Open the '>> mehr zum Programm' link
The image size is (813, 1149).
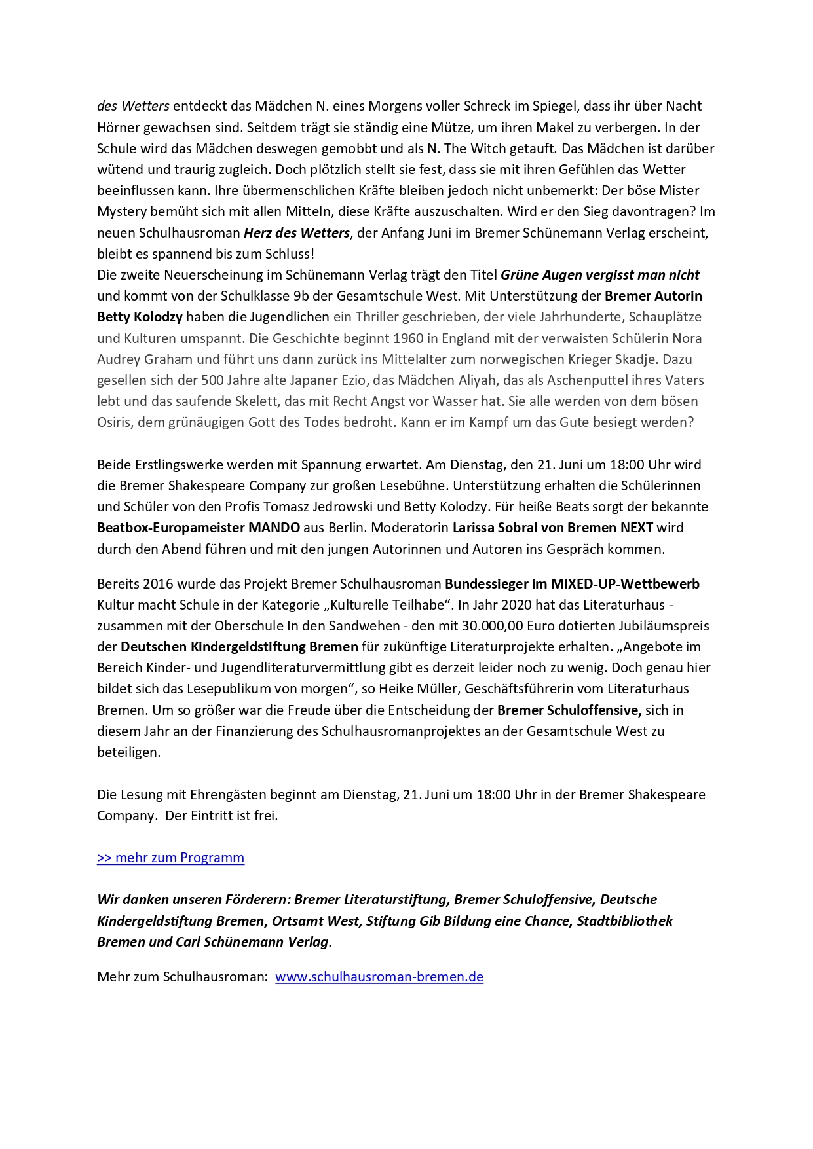click(x=170, y=858)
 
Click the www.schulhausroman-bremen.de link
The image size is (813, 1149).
click(x=379, y=977)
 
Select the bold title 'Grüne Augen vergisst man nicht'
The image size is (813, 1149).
click(x=599, y=275)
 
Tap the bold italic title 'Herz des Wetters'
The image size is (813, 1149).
click(x=297, y=233)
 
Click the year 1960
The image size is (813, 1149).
click(x=408, y=338)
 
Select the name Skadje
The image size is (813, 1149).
click(x=672, y=359)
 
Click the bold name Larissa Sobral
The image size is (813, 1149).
click(x=499, y=528)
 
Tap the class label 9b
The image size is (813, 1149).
click(x=301, y=296)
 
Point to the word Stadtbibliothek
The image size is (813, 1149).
click(x=624, y=921)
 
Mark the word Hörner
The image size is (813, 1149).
click(x=117, y=128)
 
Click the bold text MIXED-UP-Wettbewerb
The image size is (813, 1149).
click(x=625, y=584)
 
